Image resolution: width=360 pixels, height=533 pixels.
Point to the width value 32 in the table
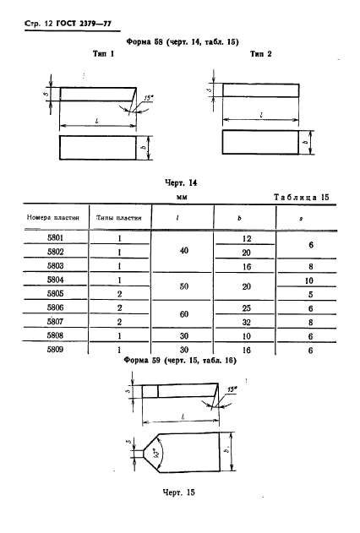(247, 321)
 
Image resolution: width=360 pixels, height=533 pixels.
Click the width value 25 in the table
(247, 307)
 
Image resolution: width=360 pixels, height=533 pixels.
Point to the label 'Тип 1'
(102, 53)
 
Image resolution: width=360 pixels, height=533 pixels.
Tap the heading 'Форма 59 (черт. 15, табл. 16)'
(178, 360)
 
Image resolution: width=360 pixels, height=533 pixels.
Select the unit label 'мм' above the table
(180, 197)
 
